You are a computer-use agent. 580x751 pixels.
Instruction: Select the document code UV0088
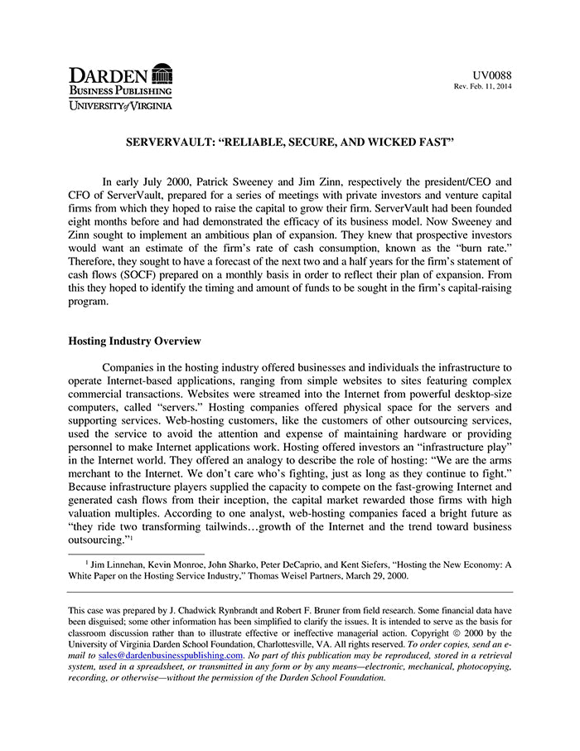click(x=492, y=75)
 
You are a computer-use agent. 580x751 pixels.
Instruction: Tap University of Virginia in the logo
click(x=120, y=105)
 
